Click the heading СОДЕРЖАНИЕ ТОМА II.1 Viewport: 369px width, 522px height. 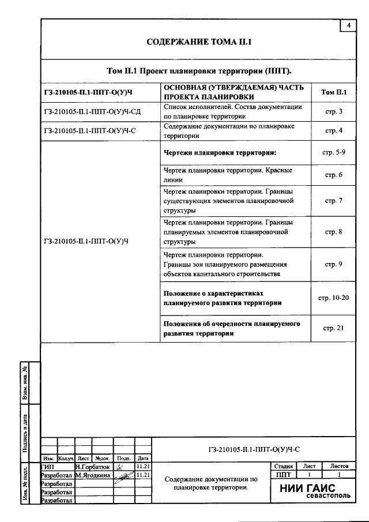(x=199, y=43)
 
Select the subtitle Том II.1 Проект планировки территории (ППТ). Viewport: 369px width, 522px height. (x=199, y=71)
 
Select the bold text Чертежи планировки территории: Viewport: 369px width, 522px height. (x=220, y=153)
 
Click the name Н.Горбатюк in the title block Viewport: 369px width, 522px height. (x=92, y=466)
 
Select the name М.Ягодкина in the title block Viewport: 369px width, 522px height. (x=92, y=475)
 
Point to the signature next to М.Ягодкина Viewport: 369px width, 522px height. (x=122, y=476)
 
